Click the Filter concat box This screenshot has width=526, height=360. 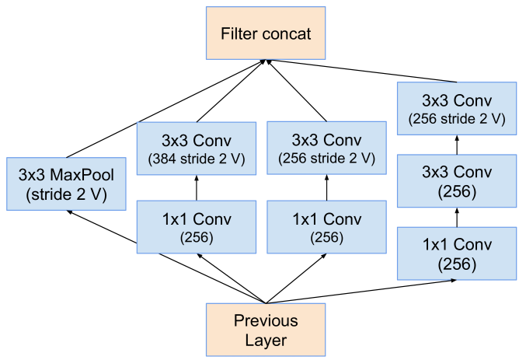point(266,34)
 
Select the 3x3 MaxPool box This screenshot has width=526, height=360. point(65,184)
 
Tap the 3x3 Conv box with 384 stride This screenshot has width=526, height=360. point(196,149)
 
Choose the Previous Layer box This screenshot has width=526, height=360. point(266,330)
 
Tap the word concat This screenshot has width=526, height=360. point(286,34)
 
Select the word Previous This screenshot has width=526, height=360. point(266,321)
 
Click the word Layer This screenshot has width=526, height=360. point(266,340)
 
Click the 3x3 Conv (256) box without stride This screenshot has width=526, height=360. point(457,182)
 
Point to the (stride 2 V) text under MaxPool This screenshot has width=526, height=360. point(66,194)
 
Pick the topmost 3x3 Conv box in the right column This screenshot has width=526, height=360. point(457,109)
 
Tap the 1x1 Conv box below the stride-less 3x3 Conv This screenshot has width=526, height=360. point(457,254)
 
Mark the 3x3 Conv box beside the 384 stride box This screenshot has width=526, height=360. point(326,149)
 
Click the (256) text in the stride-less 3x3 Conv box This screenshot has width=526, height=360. point(457,191)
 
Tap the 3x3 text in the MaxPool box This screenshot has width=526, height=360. point(32,174)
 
